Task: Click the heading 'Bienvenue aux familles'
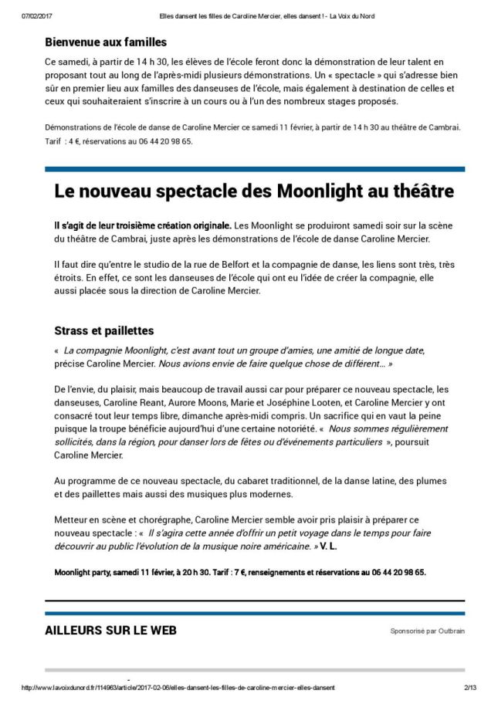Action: click(106, 42)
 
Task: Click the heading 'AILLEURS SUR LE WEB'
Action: click(110, 630)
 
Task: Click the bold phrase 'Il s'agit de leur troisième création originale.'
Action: click(143, 225)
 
